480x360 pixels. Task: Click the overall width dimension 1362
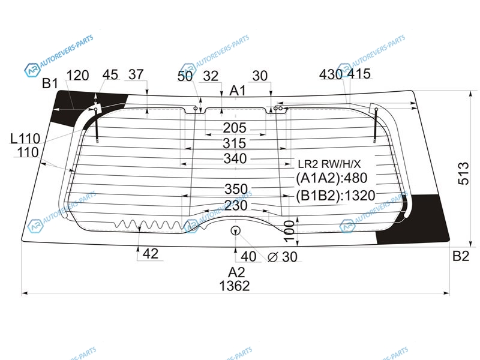click(235, 286)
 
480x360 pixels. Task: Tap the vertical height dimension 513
click(463, 173)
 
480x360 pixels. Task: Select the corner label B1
click(50, 83)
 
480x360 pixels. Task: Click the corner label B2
click(461, 256)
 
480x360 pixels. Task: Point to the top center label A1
click(238, 91)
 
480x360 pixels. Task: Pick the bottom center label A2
click(236, 272)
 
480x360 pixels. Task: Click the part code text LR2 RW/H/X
click(329, 164)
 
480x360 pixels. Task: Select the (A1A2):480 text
click(331, 178)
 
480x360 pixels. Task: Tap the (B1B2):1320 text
click(335, 196)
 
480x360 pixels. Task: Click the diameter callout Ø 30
click(283, 257)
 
